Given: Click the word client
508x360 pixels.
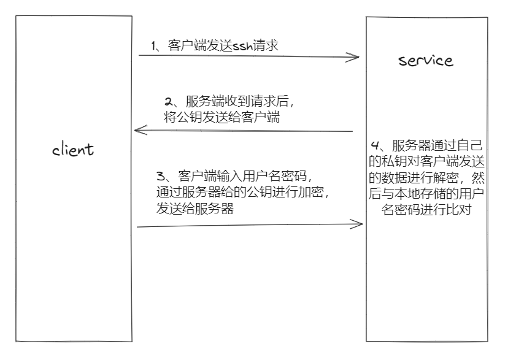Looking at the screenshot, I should [73, 148].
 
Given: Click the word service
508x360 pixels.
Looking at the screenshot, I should [425, 60].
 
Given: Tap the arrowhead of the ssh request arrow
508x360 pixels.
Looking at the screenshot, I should [355, 58].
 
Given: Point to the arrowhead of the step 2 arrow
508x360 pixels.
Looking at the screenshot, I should [139, 129].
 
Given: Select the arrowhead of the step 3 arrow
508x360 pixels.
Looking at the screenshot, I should [359, 224].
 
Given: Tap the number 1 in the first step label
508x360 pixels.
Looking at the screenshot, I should [154, 46].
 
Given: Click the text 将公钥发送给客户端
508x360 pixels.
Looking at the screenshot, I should [222, 118].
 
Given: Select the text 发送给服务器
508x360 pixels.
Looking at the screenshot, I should [195, 209].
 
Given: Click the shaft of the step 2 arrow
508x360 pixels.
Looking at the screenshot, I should [245, 131].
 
